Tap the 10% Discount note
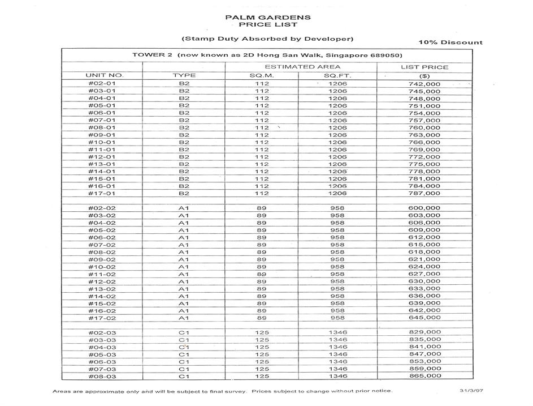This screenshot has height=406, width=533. pyautogui.click(x=450, y=42)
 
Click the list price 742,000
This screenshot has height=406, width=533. pyautogui.click(x=424, y=84)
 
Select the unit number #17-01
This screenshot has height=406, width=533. pyautogui.click(x=102, y=193)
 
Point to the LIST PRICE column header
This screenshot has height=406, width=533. pyautogui.click(x=424, y=67)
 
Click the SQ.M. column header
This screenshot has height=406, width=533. pyautogui.click(x=262, y=75)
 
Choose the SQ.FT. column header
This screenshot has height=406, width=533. pyautogui.click(x=337, y=75)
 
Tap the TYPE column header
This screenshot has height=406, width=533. pyautogui.click(x=184, y=75)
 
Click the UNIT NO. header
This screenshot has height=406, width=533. pyautogui.click(x=104, y=75)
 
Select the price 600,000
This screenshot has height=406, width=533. pyautogui.click(x=424, y=208)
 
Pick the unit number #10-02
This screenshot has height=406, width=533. pyautogui.click(x=102, y=267)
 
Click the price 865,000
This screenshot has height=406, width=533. pyautogui.click(x=424, y=376)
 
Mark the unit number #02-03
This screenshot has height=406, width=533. pyautogui.click(x=102, y=332)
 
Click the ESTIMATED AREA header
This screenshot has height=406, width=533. pyautogui.click(x=301, y=67)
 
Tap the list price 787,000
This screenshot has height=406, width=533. pyautogui.click(x=424, y=193)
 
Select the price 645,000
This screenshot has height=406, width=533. pyautogui.click(x=424, y=318)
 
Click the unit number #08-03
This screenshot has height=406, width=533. pyautogui.click(x=102, y=376)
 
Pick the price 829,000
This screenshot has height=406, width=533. pyautogui.click(x=424, y=332)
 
